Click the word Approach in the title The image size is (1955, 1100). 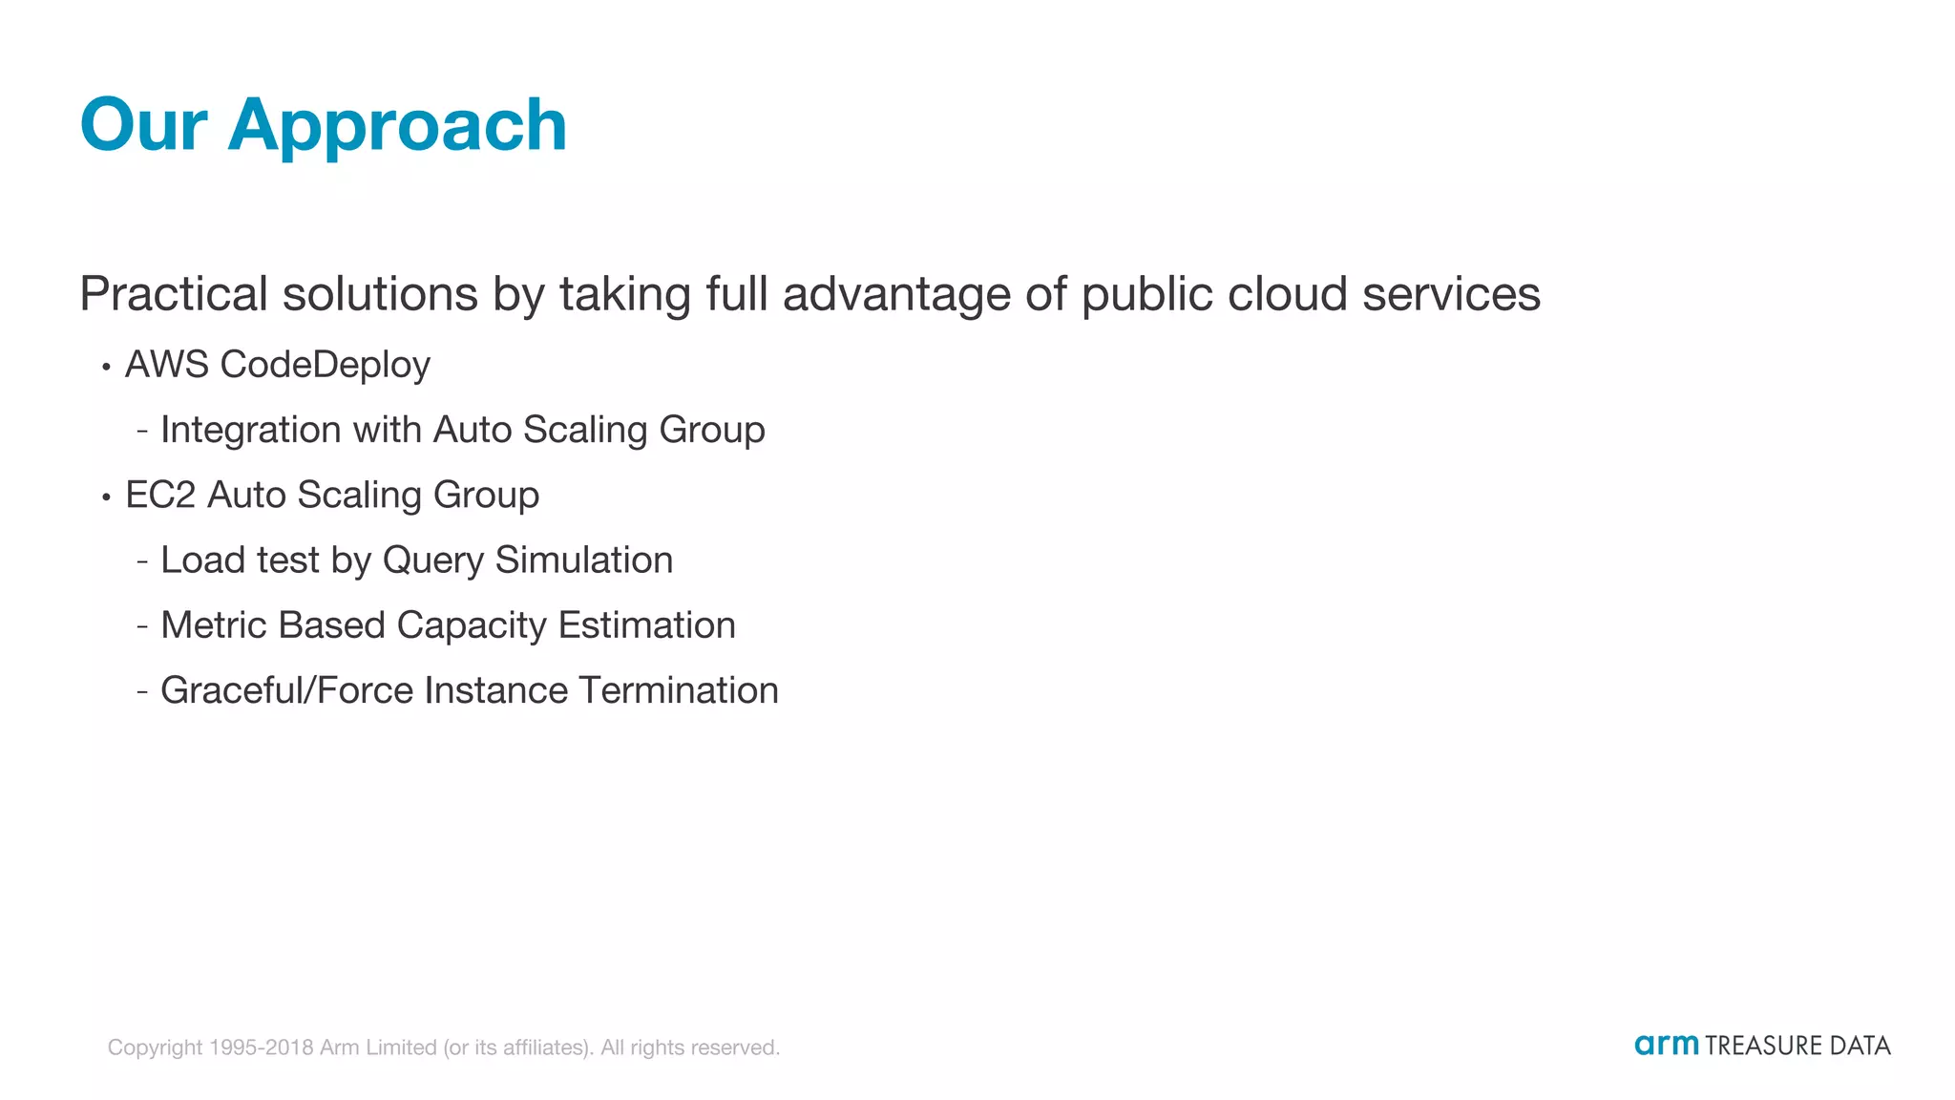(x=397, y=126)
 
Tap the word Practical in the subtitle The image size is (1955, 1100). (x=174, y=293)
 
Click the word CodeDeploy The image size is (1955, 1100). (x=325, y=366)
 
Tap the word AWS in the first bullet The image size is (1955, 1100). (x=167, y=365)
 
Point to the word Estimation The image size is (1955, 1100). (x=646, y=625)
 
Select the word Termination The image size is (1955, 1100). (x=679, y=690)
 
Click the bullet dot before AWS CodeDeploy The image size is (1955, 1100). (x=106, y=367)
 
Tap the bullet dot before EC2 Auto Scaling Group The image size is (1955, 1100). (x=106, y=497)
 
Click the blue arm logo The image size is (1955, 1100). (x=1666, y=1045)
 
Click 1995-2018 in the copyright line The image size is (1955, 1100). (x=261, y=1047)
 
